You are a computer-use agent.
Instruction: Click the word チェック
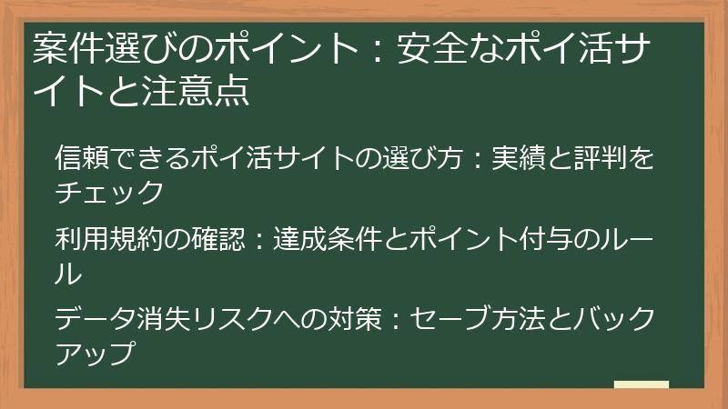109,193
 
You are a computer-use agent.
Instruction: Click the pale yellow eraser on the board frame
642,385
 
